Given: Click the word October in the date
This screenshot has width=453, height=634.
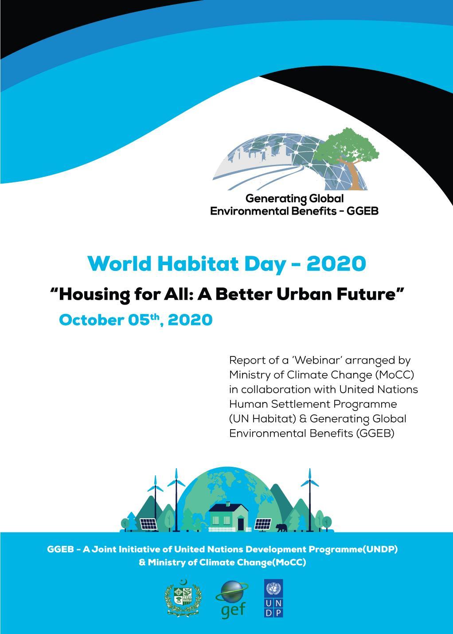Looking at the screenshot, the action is (92, 320).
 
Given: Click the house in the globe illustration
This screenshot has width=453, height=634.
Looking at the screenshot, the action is (228, 516).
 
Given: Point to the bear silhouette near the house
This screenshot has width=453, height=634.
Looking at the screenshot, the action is (281, 528).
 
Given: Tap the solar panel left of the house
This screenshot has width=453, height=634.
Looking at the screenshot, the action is (148, 524).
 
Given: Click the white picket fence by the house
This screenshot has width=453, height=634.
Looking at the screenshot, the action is (230, 529).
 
